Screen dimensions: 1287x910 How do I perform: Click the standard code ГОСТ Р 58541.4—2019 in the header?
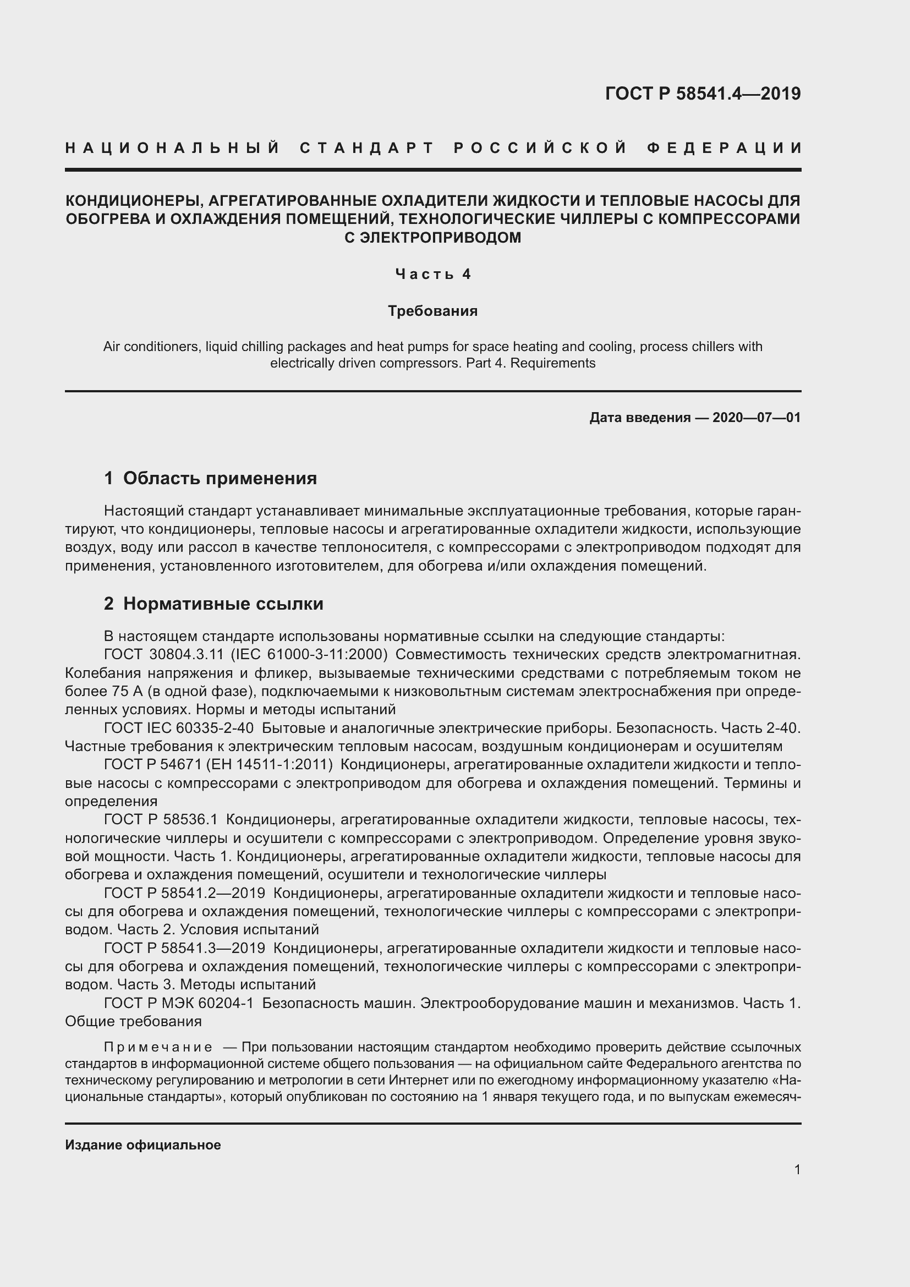click(703, 94)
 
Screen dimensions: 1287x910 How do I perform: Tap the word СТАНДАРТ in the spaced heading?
click(367, 149)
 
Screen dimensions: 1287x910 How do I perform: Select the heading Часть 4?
click(433, 274)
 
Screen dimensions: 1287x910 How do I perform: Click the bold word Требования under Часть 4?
click(432, 311)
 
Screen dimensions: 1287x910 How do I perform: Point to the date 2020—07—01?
click(756, 418)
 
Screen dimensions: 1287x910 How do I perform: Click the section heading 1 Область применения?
click(210, 478)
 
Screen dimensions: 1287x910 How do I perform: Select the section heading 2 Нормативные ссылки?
click(213, 604)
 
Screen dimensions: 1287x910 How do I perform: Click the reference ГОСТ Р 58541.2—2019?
click(184, 893)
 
